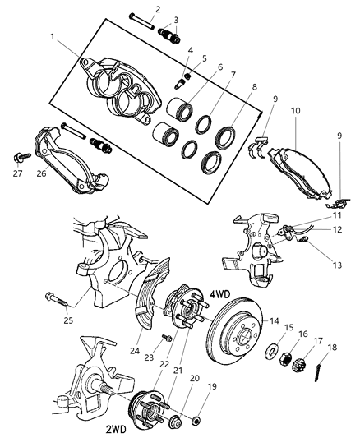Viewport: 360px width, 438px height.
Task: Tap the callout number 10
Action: pos(295,109)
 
